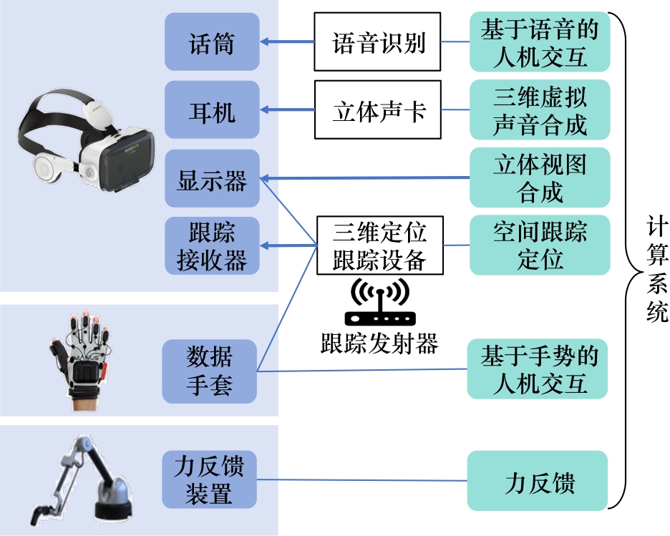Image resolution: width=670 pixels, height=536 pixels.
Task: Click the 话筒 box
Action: [x=211, y=42]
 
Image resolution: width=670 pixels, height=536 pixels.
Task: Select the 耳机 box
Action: [x=211, y=110]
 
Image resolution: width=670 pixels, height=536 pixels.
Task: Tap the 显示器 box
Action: [x=211, y=179]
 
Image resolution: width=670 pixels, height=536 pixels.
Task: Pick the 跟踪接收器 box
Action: [x=211, y=246]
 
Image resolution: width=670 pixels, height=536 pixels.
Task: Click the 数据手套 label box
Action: [x=209, y=371]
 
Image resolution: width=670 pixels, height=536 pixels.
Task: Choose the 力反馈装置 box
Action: [x=209, y=480]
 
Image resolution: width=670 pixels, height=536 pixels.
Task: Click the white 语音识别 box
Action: [x=377, y=44]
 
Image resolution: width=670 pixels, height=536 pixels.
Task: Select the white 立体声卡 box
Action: [x=377, y=111]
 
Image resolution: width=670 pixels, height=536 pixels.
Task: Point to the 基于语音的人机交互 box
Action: [x=540, y=42]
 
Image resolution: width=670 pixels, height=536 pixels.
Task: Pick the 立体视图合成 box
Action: [x=540, y=177]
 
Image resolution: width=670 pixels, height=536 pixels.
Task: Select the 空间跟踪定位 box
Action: [x=540, y=245]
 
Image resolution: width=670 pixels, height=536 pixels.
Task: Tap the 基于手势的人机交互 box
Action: [x=538, y=369]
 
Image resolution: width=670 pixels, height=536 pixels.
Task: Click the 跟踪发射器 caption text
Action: [x=379, y=345]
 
